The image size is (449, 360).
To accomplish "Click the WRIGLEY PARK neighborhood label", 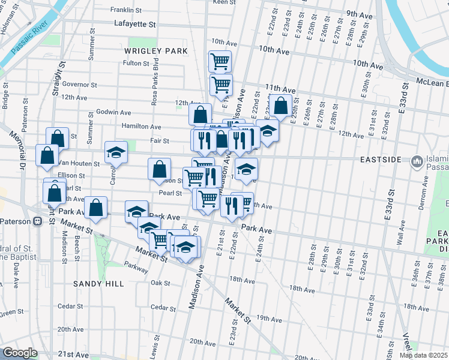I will (x=156, y=51).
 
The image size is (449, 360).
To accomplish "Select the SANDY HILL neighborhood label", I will (x=98, y=283).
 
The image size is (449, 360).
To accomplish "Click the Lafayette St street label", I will (x=134, y=25).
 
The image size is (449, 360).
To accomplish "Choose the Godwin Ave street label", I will (x=113, y=112).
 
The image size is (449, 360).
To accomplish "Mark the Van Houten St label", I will (x=78, y=163).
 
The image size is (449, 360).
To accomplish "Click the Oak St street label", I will (x=160, y=283).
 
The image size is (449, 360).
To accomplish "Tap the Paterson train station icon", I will (x=37, y=221).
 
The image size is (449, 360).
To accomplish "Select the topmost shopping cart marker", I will (x=220, y=61).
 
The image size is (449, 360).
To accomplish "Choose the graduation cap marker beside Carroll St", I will (x=116, y=152).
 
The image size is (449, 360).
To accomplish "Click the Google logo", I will (x=20, y=353).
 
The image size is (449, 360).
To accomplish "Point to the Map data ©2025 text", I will (x=424, y=355).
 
